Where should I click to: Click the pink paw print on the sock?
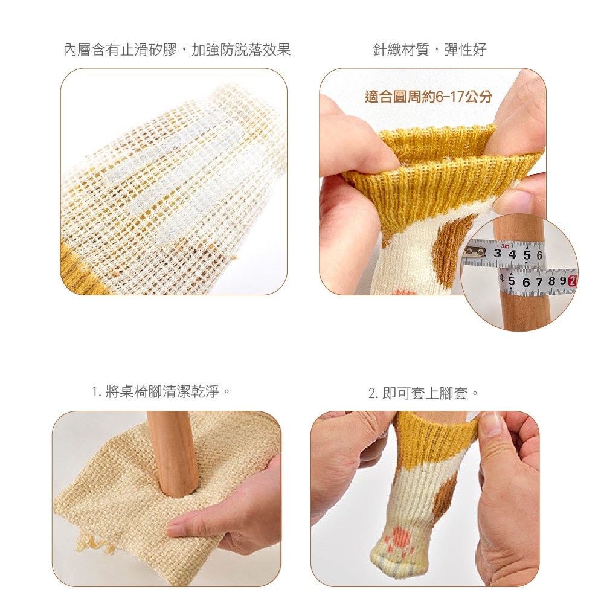[x=399, y=538]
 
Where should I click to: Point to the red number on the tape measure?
[x=573, y=280]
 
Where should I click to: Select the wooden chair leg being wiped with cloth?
[x=173, y=453]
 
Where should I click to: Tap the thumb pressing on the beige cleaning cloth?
[x=185, y=528]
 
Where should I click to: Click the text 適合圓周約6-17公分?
[x=428, y=97]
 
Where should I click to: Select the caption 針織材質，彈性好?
[x=429, y=50]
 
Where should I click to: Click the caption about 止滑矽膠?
[x=177, y=50]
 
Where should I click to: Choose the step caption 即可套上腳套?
[x=430, y=393]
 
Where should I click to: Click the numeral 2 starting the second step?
[x=372, y=394]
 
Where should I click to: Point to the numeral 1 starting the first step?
[x=95, y=392]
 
